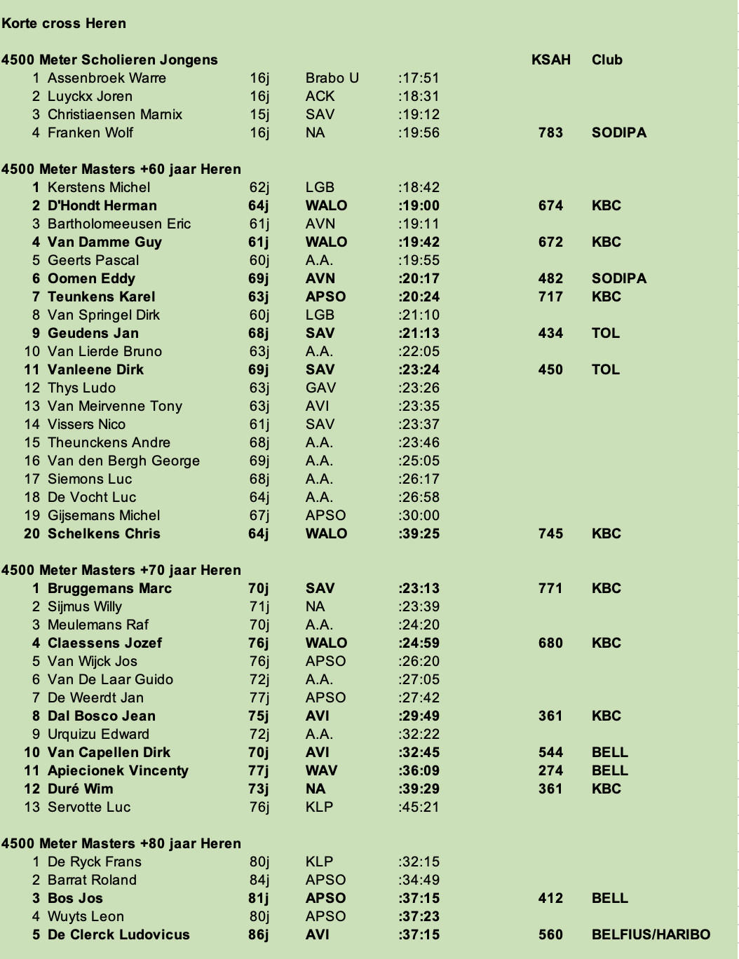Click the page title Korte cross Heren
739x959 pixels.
click(x=64, y=23)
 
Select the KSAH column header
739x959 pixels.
click(x=550, y=60)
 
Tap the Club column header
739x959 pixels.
click(x=606, y=60)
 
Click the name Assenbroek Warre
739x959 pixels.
click(x=107, y=78)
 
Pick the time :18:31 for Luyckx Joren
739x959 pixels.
click(x=419, y=96)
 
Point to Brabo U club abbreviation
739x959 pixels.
click(x=332, y=78)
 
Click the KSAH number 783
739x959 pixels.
click(x=550, y=132)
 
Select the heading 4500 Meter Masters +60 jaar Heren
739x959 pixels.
click(x=121, y=169)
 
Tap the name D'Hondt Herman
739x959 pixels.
click(x=102, y=205)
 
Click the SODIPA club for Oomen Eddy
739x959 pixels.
click(x=618, y=278)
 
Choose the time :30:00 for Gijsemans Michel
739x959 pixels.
click(x=419, y=515)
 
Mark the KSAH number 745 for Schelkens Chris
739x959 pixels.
click(x=550, y=533)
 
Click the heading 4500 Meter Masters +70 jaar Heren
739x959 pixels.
click(x=121, y=570)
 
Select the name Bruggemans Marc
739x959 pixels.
click(x=109, y=588)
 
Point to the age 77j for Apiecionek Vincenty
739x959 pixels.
click(x=259, y=770)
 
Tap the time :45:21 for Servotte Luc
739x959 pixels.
click(x=419, y=807)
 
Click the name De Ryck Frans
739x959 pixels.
click(x=95, y=862)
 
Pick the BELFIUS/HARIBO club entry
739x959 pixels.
click(x=651, y=934)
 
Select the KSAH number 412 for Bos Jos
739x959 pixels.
click(x=550, y=898)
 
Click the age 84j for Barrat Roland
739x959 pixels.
click(x=259, y=880)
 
